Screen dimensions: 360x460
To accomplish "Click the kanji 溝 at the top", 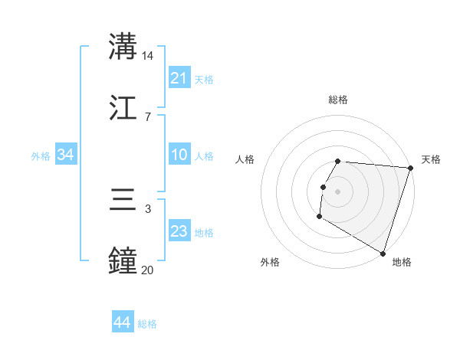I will [123, 47].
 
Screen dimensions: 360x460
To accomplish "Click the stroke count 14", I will [148, 56].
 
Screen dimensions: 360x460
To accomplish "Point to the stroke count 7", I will [148, 116].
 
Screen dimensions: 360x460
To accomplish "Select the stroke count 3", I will [148, 208].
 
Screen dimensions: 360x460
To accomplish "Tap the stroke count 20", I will [148, 270].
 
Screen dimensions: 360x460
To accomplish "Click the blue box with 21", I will [179, 78].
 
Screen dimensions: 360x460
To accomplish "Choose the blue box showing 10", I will [179, 155].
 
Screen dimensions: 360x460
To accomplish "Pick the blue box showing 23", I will [179, 231].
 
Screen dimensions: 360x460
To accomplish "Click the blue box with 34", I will [66, 155].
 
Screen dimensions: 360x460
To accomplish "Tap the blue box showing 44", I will [123, 322].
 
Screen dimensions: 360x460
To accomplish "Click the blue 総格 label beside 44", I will [147, 324].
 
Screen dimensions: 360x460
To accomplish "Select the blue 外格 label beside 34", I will [41, 156].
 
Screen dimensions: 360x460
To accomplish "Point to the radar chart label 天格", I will [431, 159].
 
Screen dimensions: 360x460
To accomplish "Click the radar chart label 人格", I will [245, 159].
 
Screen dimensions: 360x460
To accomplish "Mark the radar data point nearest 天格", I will [410, 168].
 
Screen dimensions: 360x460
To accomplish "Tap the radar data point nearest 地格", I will [383, 253].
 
